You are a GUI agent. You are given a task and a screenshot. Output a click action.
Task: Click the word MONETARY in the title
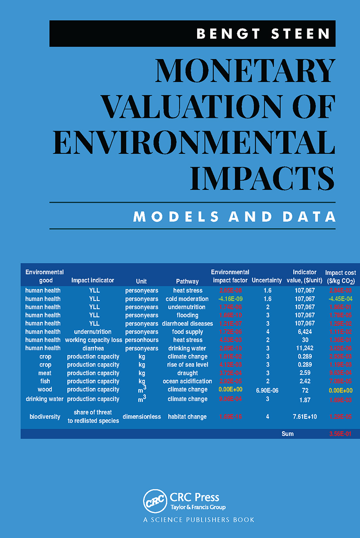[245, 71]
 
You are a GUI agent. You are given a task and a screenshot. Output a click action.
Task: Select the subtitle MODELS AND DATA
[234, 216]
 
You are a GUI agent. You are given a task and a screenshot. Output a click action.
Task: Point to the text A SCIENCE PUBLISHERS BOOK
[199, 520]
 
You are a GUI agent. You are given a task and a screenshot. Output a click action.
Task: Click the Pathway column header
[187, 281]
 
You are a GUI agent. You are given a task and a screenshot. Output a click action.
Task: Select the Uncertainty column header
[267, 280]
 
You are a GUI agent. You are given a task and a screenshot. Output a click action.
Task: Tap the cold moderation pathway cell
[187, 299]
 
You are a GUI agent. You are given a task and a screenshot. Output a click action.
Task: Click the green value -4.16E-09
[230, 299]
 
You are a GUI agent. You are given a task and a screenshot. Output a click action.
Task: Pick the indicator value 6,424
[305, 332]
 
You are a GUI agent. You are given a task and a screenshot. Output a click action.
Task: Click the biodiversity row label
[45, 417]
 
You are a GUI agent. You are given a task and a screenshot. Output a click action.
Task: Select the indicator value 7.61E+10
[305, 417]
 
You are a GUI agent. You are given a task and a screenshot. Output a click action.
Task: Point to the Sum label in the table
[287, 434]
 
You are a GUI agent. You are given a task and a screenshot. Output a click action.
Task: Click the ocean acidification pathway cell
[187, 381]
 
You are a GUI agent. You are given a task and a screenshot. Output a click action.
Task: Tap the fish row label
[45, 381]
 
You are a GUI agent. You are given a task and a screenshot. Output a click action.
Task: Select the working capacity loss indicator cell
[93, 340]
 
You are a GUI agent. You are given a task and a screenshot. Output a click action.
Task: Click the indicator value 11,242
[305, 348]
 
